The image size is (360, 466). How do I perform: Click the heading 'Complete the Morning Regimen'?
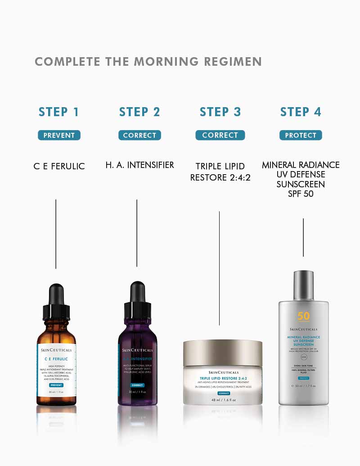point(148,62)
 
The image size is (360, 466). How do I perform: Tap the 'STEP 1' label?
point(59,112)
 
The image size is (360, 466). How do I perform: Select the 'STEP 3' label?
point(220,112)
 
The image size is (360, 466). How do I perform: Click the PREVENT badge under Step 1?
point(59,135)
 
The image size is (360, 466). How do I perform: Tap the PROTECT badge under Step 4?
point(301,135)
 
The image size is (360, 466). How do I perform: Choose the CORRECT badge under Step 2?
point(139,135)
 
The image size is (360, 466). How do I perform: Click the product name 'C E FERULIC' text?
point(59,166)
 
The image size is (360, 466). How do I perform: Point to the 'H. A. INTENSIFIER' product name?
point(139,165)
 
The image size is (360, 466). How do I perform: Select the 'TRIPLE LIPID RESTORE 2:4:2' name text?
point(220,172)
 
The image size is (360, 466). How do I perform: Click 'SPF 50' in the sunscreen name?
point(301,194)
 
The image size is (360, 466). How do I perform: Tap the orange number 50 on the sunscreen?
point(303,316)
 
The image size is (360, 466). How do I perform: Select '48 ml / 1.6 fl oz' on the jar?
point(223,400)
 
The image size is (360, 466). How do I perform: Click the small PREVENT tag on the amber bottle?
point(56,385)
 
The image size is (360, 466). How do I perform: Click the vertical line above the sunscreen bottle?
point(303,237)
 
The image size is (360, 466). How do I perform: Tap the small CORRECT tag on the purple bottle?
point(137,385)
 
